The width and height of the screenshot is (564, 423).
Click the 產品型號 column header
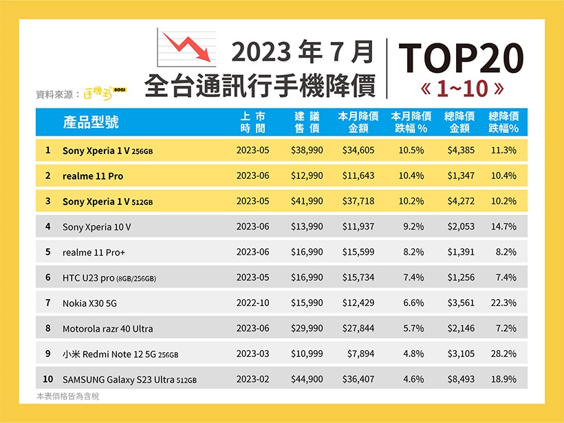pyautogui.click(x=91, y=122)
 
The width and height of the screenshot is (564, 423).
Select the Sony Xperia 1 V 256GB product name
pyautogui.click(x=107, y=150)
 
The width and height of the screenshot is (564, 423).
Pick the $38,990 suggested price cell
pyautogui.click(x=307, y=150)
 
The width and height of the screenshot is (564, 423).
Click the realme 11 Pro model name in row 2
pyautogui.click(x=93, y=175)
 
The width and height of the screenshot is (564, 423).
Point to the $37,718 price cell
pyautogui.click(x=358, y=201)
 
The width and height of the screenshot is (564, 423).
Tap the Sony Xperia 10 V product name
pyautogui.click(x=96, y=226)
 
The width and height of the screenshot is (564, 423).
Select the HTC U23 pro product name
pyautogui.click(x=109, y=277)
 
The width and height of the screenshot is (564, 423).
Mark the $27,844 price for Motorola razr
pyautogui.click(x=358, y=328)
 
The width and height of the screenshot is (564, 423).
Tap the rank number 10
pyautogui.click(x=47, y=379)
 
